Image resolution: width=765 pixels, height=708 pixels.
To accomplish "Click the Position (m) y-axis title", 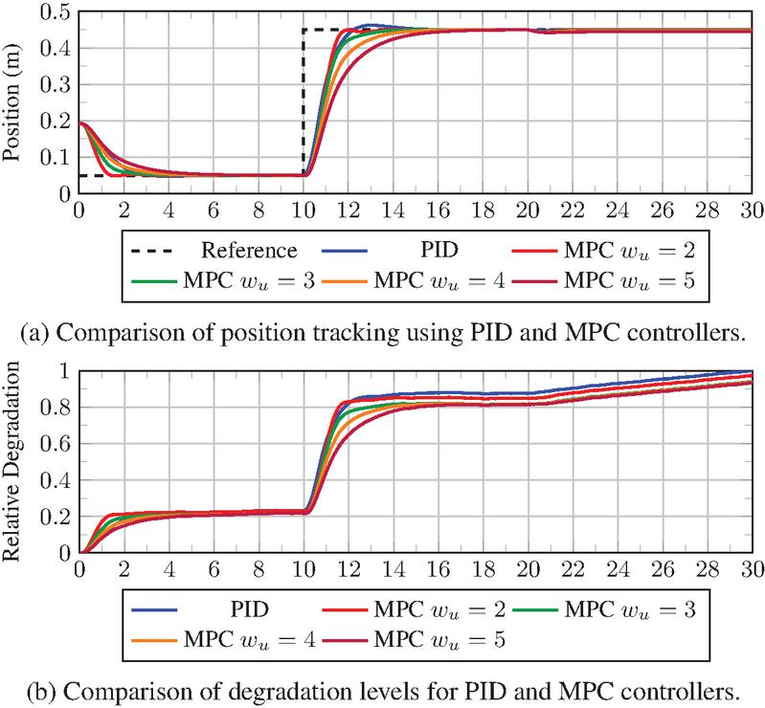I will pos(16,100).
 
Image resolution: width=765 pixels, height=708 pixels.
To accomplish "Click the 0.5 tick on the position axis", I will pos(55,11).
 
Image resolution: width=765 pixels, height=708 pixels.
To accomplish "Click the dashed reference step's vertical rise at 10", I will pos(304,105).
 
